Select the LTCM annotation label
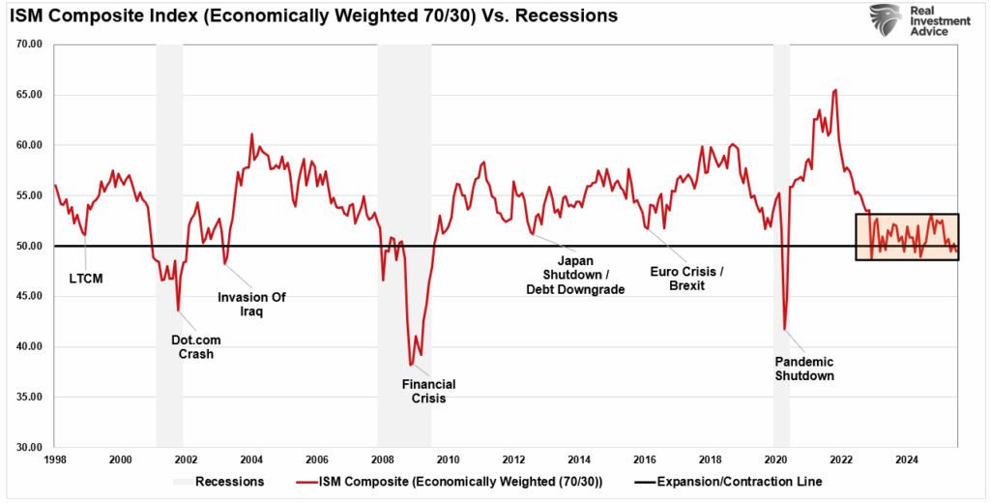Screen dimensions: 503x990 tap(86, 279)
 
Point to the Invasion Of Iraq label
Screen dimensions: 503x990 tap(252, 305)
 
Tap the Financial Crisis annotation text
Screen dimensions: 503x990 tap(428, 392)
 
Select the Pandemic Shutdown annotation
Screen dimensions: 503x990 tap(804, 369)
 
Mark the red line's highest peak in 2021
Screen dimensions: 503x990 tap(835, 89)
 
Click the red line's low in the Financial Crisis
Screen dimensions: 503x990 tap(411, 365)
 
